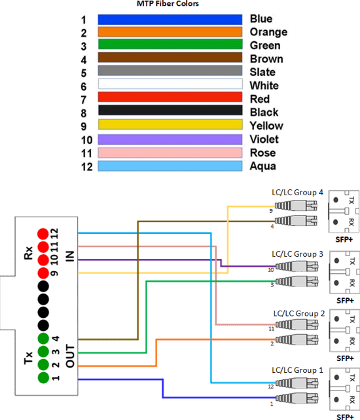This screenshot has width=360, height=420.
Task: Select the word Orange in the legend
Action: pos(268,32)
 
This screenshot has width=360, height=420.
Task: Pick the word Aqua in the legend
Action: pos(262,166)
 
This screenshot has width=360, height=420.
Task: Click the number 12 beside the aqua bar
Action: pos(86,166)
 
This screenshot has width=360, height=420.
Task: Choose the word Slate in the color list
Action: pos(263,72)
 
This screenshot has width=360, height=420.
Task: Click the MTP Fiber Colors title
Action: pos(168,4)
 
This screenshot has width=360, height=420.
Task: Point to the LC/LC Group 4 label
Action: pos(297,193)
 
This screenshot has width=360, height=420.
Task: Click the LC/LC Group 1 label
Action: pos(297,370)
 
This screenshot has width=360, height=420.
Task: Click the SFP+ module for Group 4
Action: pos(343,210)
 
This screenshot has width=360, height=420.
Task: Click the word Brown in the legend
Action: pos(265,59)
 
